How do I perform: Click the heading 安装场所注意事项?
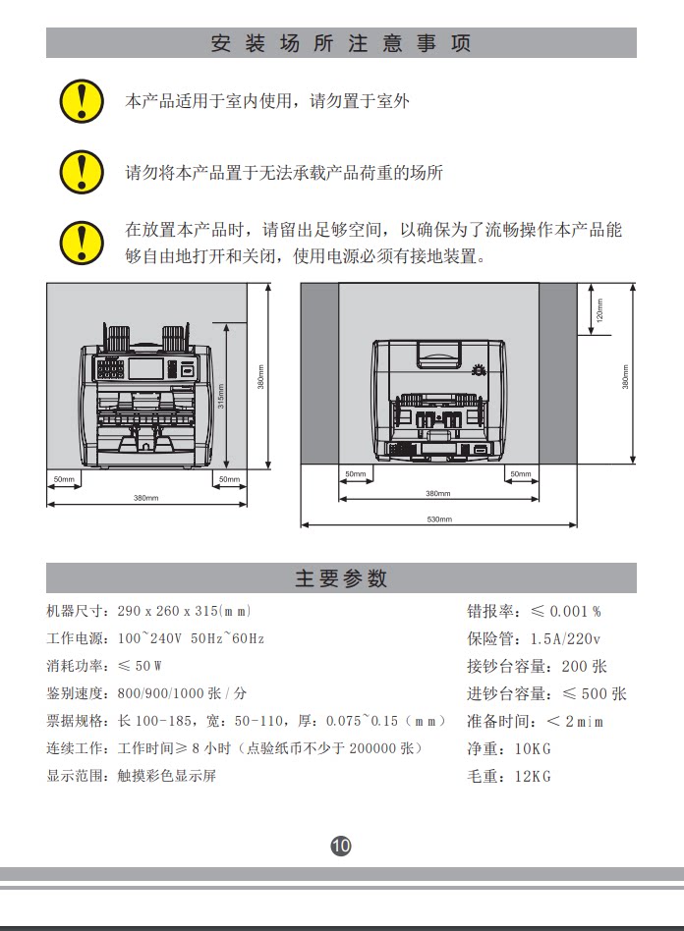[x=341, y=43]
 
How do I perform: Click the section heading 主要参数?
[x=341, y=578]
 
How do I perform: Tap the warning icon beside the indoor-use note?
[x=82, y=100]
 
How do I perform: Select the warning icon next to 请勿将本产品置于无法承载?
[x=82, y=172]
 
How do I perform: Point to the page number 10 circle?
[x=341, y=846]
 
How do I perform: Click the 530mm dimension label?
[x=438, y=519]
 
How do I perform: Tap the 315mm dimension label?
[x=221, y=395]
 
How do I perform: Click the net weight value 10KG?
[x=534, y=749]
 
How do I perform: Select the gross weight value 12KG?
[x=534, y=777]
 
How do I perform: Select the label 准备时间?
[x=497, y=722]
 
